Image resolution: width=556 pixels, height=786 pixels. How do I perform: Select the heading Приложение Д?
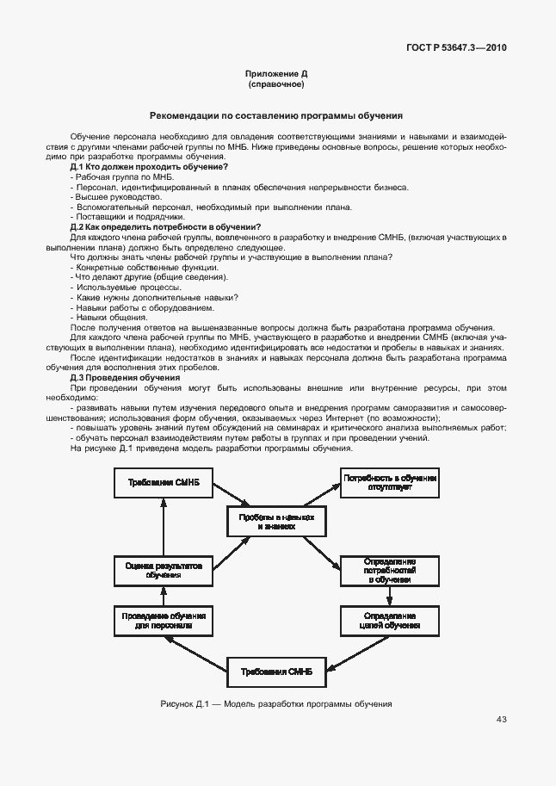coord(276,76)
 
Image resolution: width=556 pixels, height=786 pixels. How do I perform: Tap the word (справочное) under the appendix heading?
coord(276,85)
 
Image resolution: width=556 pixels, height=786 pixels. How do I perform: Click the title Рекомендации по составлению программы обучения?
coord(276,114)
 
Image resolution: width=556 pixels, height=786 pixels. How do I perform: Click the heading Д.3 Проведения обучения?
coord(125,378)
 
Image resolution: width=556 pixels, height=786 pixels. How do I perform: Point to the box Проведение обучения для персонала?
coord(163,621)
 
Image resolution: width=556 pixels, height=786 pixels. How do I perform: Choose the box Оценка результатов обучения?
coord(163,571)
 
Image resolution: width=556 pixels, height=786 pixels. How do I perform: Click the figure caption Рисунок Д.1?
coord(276,703)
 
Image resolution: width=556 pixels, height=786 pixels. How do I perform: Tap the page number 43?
coord(502,720)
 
